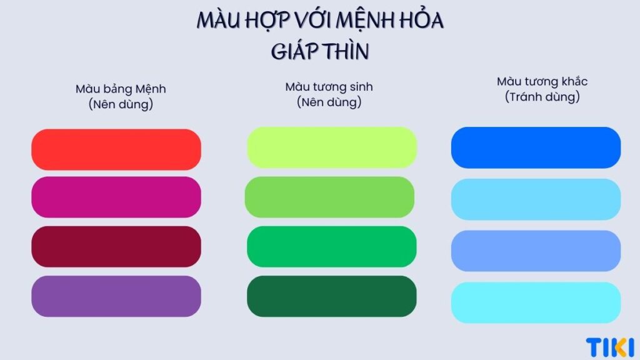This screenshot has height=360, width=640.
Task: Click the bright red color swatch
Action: tap(116, 149)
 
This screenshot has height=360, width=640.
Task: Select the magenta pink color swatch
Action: tap(116, 197)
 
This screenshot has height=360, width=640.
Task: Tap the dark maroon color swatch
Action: tap(116, 246)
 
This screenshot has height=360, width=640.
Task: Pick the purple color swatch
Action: tap(116, 296)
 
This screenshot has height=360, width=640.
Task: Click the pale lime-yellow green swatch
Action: tap(331, 147)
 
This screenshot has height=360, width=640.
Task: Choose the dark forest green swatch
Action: tap(331, 296)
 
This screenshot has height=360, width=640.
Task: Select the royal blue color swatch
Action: tap(536, 147)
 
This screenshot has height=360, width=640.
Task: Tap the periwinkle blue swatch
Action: tap(536, 251)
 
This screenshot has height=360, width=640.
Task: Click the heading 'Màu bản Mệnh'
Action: tap(121, 89)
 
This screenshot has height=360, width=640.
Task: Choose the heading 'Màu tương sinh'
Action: tap(329, 87)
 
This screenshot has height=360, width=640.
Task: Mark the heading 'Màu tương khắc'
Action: tap(542, 82)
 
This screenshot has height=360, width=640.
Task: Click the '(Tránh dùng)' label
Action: tap(542, 97)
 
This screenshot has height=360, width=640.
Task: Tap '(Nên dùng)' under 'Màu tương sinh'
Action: tap(329, 102)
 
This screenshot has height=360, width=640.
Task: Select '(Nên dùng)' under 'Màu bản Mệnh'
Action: tap(121, 104)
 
